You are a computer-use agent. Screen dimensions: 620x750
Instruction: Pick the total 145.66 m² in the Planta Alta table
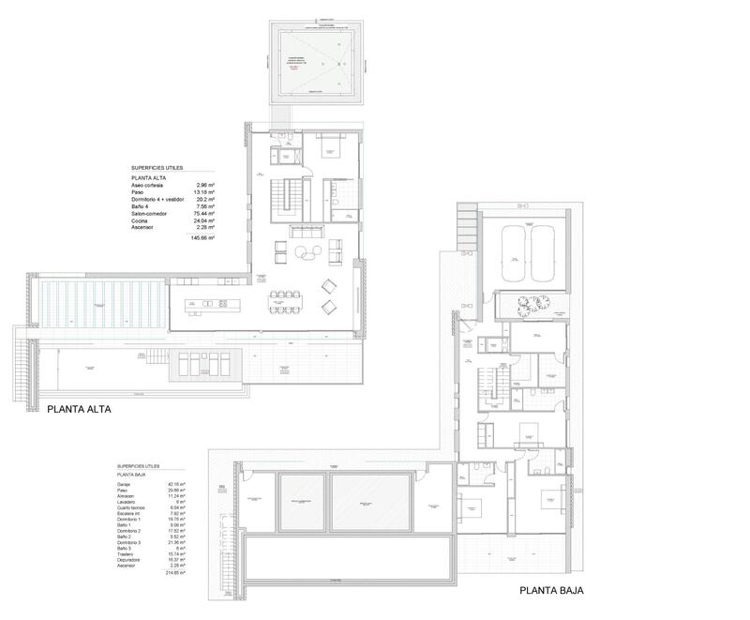(x=202, y=238)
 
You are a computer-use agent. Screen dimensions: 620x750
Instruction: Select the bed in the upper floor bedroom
(x=330, y=146)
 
